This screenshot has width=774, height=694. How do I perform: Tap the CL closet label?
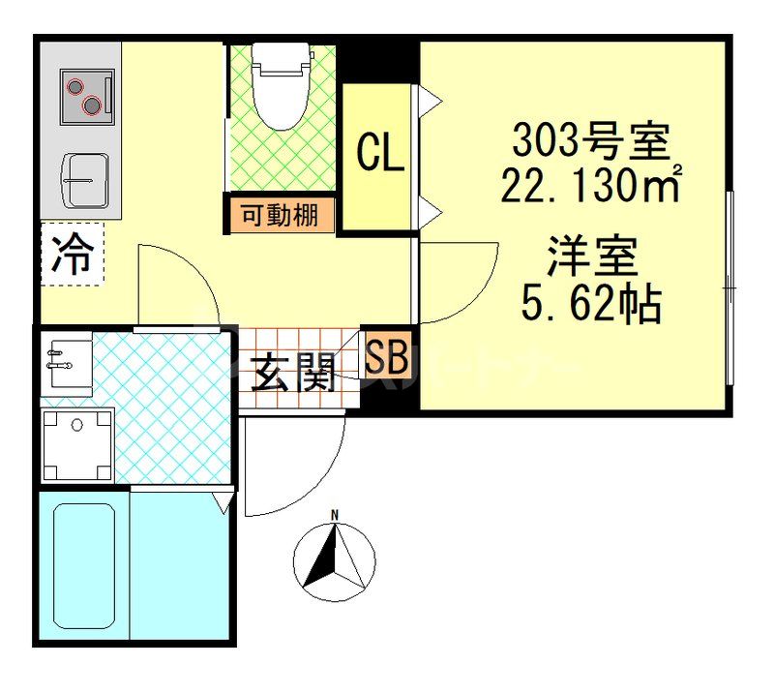point(380,154)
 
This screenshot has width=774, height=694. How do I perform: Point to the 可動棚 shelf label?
point(280,216)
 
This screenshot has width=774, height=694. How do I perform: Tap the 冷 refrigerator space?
point(73,256)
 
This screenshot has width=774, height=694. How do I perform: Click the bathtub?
point(83,565)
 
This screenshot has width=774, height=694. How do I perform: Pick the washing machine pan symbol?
point(77,444)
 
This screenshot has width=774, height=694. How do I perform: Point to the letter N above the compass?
point(335,515)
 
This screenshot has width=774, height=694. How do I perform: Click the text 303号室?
point(589,144)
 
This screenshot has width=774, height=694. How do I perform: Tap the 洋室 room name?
point(591,258)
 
